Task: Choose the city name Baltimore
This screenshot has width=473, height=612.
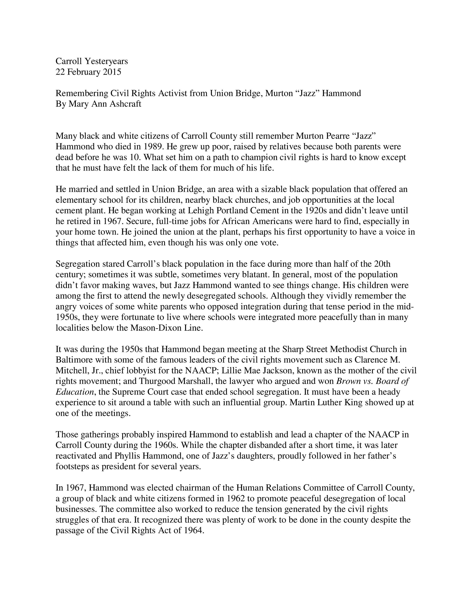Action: (x=74, y=360)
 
